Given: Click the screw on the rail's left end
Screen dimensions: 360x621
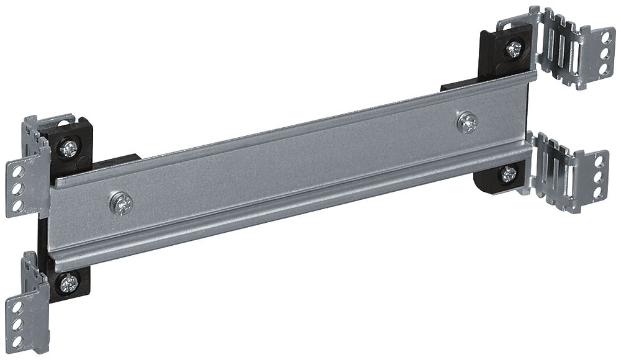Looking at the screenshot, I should [122, 203].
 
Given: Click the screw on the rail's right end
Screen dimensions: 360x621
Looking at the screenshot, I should [467, 122].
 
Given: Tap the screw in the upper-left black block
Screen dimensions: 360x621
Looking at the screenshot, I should [69, 148].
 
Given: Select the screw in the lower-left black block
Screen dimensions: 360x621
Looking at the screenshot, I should [68, 283].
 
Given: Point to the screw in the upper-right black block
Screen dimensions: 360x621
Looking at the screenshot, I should [514, 49].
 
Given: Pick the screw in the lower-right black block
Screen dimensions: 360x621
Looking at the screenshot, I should [509, 174].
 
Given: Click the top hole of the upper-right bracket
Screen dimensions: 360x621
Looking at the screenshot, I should [604, 37].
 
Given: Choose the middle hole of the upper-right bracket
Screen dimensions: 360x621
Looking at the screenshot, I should [604, 53].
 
